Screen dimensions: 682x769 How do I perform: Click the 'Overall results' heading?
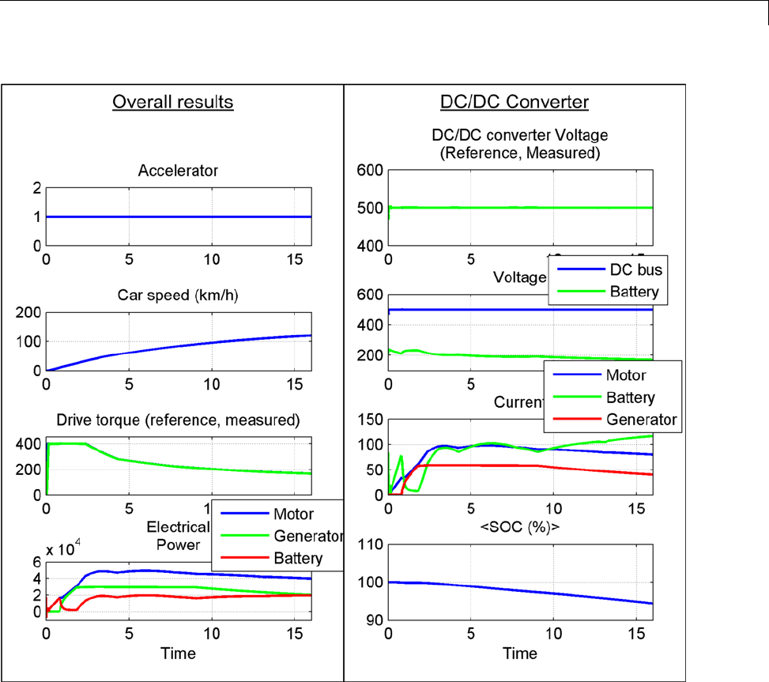[x=173, y=102]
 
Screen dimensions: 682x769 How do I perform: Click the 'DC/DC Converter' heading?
[x=515, y=102]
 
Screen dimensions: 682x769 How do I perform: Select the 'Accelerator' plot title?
[x=178, y=170]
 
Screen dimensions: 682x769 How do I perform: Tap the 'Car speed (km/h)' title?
[x=178, y=296]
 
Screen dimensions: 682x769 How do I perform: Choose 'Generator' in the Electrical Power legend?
[x=307, y=536]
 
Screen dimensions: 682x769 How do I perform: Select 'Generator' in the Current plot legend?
[x=643, y=419]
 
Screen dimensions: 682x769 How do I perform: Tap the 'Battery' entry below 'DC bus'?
[x=633, y=292]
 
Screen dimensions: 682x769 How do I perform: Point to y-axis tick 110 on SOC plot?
[x=370, y=544]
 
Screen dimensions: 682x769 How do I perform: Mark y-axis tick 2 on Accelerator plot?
[x=36, y=187]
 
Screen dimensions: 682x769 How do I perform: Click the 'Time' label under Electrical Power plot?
[x=178, y=654]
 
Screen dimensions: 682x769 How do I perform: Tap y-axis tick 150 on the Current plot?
[x=370, y=420]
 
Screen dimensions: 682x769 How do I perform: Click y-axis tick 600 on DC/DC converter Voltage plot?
[x=370, y=170]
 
